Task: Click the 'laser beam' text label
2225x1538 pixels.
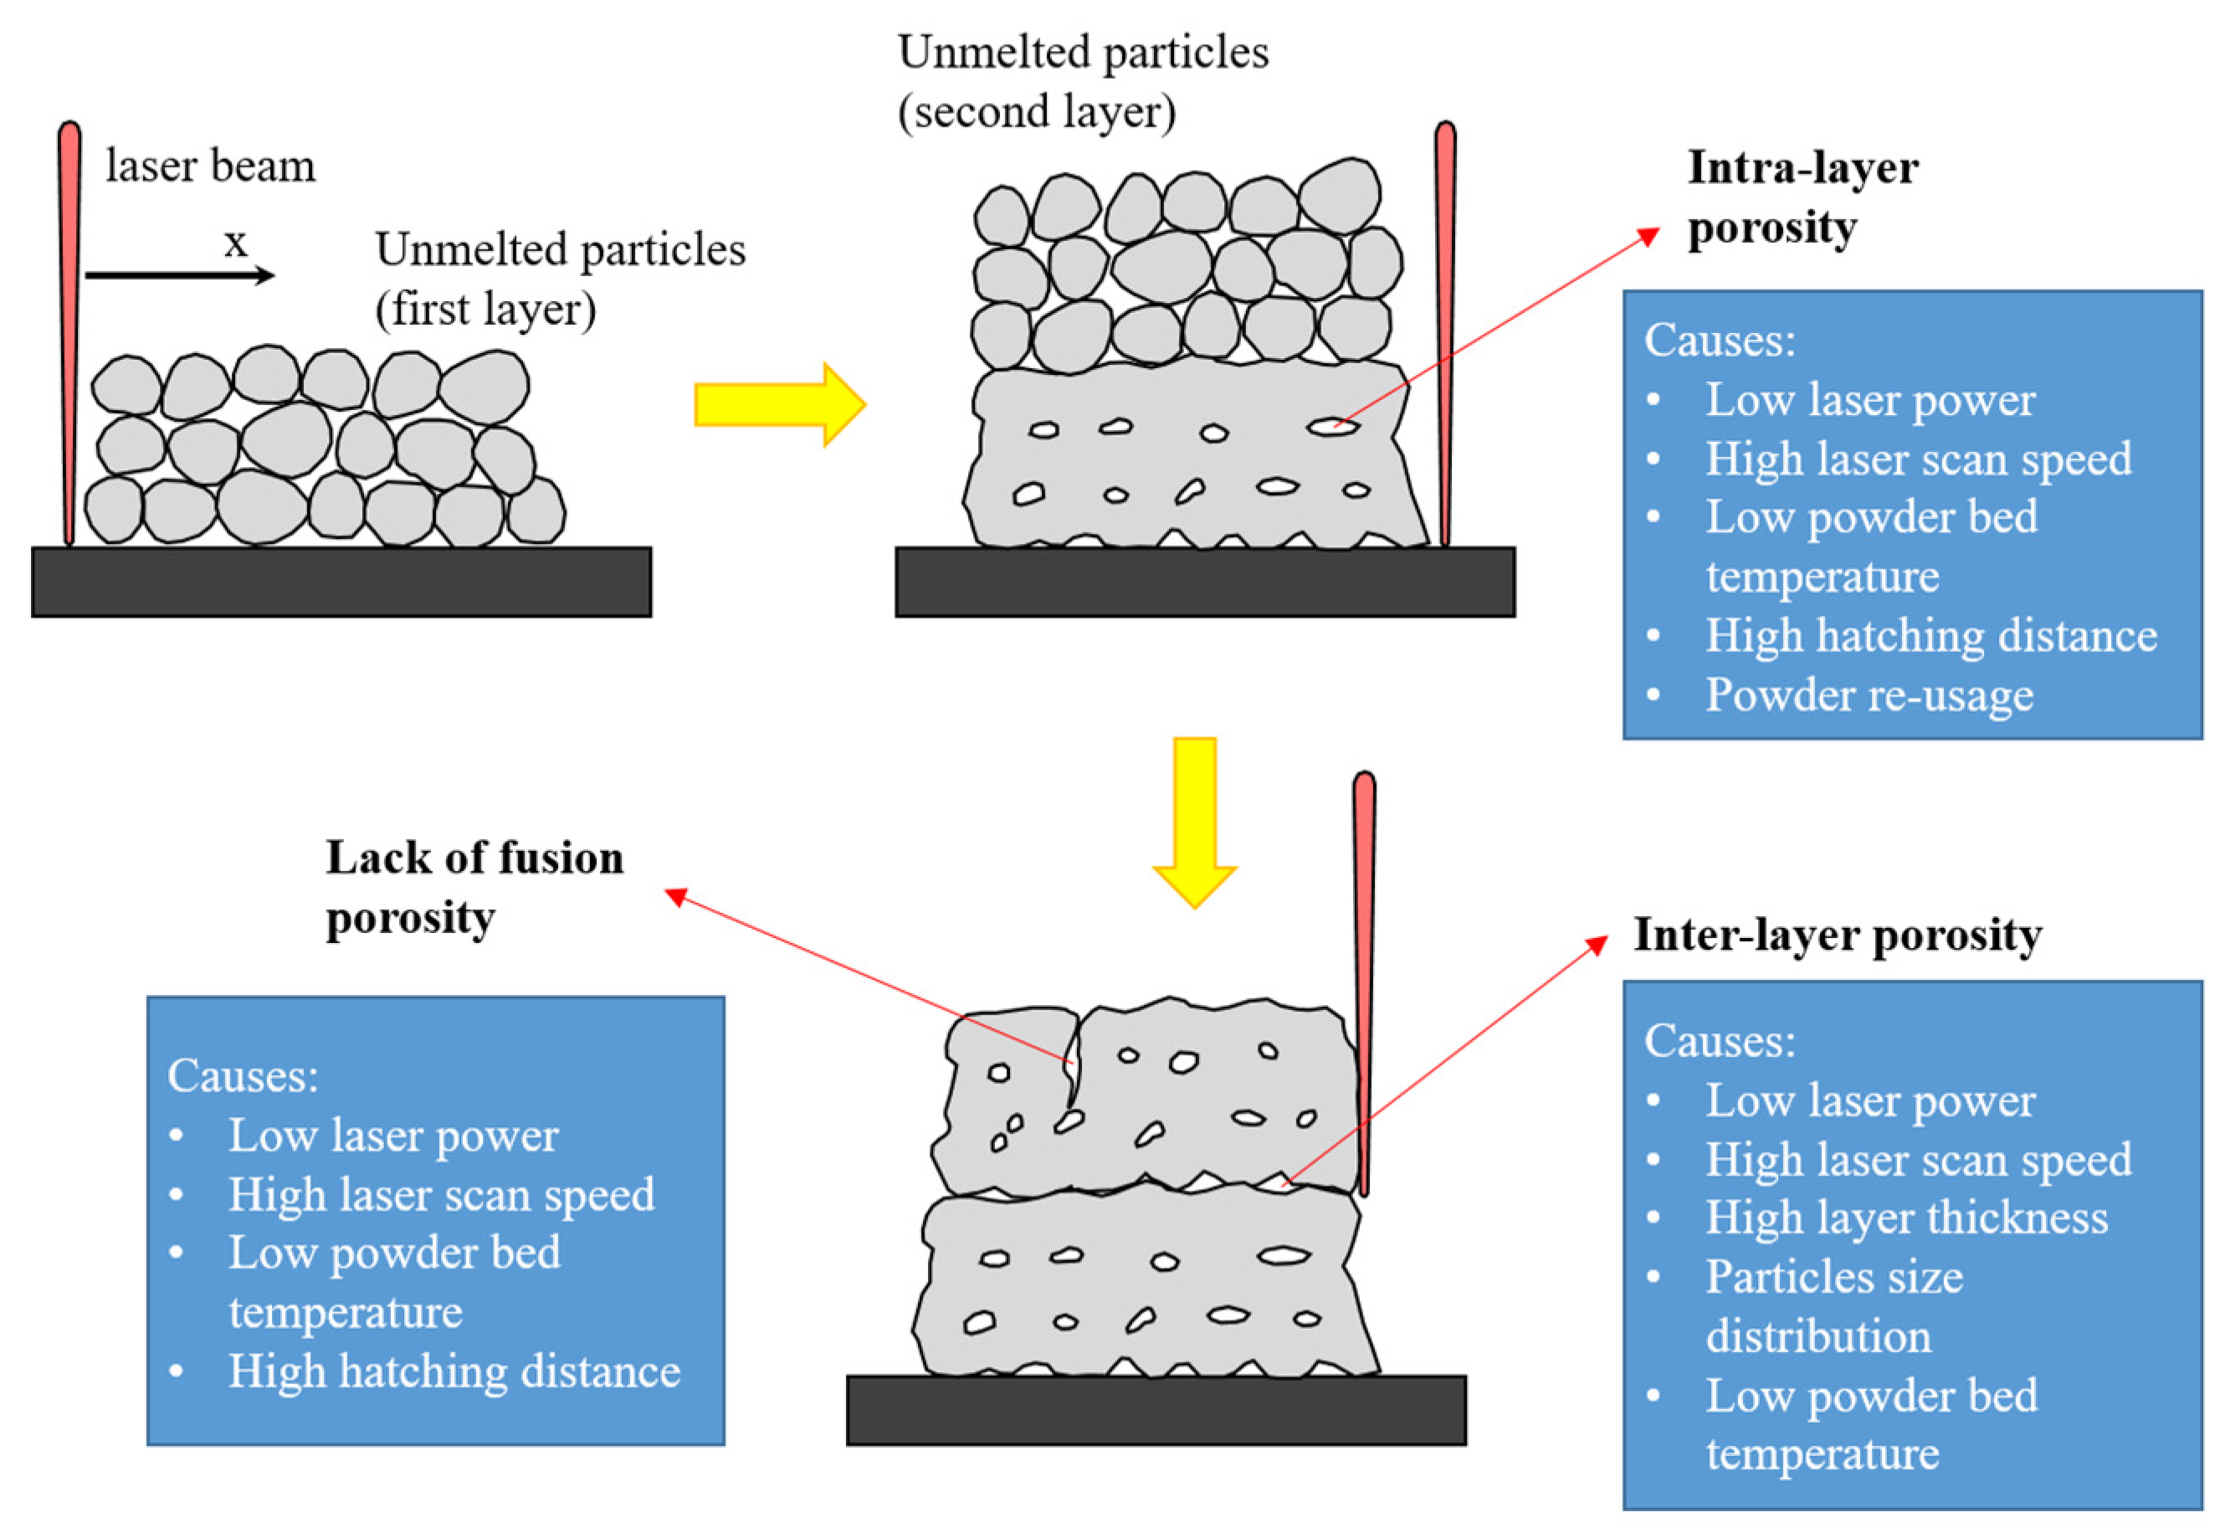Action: (x=210, y=166)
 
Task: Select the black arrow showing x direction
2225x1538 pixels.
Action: (x=178, y=275)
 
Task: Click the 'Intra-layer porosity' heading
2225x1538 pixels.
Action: (x=1801, y=197)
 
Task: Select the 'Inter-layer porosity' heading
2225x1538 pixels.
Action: (x=1837, y=935)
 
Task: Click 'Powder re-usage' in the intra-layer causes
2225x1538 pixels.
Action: (x=1869, y=695)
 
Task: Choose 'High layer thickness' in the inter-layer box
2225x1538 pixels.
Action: (x=1906, y=1218)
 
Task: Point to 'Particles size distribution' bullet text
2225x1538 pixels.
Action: (x=1833, y=1305)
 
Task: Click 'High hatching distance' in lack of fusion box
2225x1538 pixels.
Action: (x=454, y=1371)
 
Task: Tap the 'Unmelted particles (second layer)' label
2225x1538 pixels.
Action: (x=1082, y=82)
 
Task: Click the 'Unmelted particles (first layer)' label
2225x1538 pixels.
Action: (x=560, y=279)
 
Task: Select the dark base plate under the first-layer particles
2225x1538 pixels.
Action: (x=341, y=582)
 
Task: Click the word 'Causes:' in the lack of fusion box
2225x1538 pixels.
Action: (x=243, y=1075)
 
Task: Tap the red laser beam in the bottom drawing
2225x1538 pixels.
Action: (x=1363, y=983)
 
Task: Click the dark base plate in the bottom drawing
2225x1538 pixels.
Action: (x=1156, y=1410)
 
